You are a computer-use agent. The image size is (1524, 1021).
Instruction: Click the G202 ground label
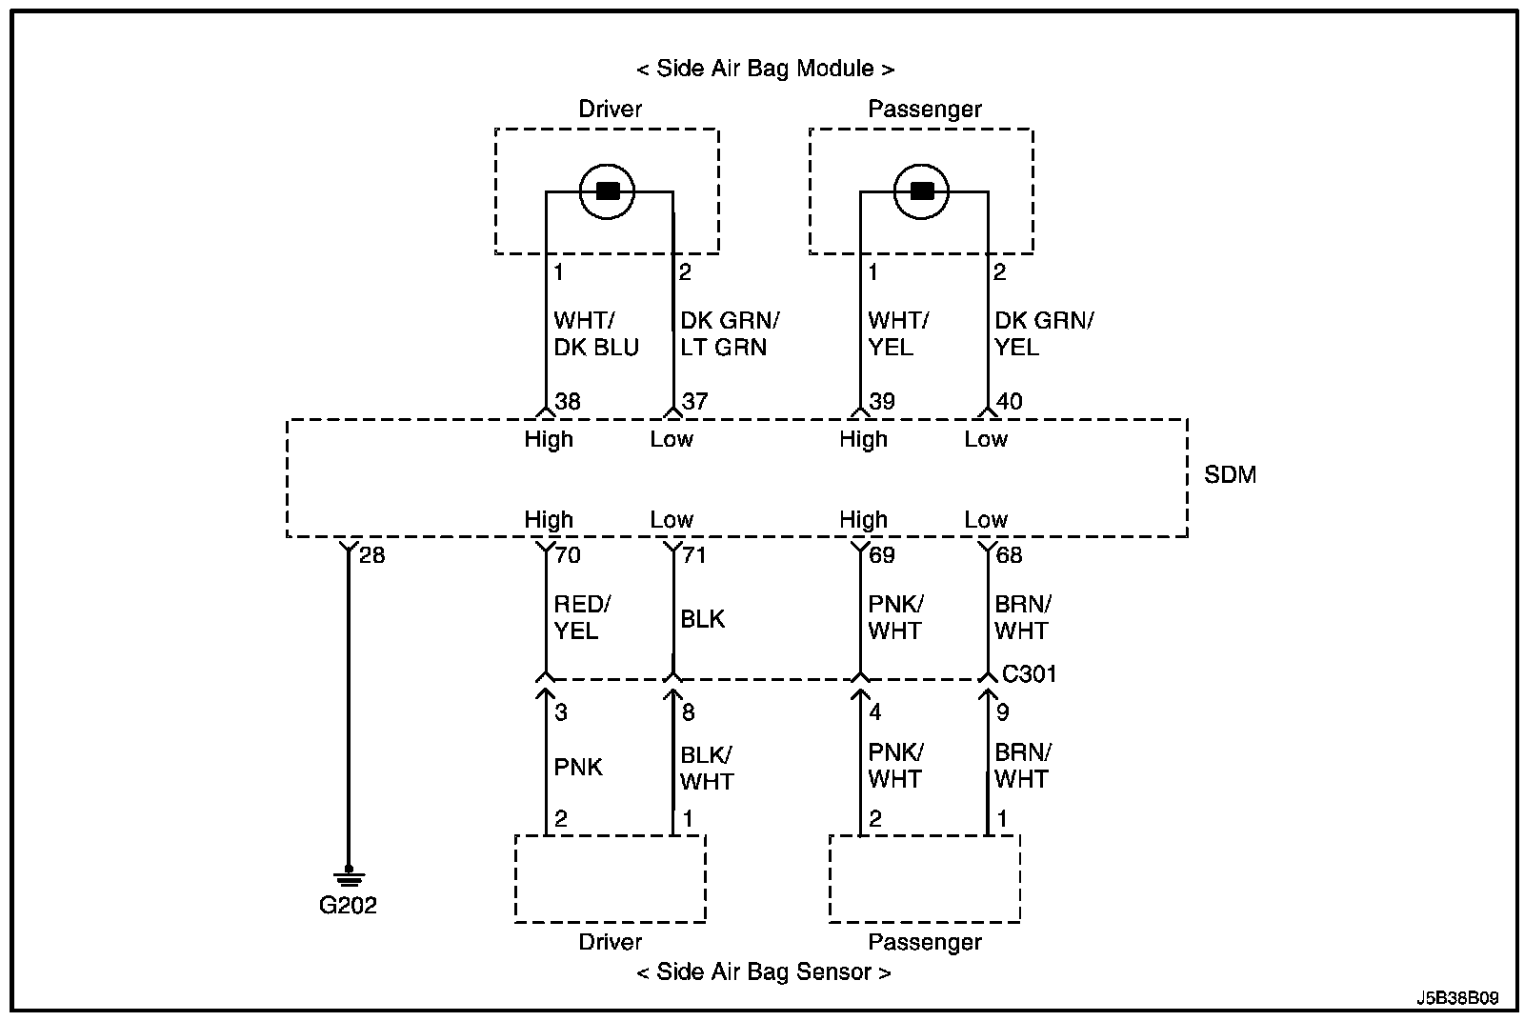[348, 906]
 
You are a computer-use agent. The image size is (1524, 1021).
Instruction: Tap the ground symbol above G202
[349, 876]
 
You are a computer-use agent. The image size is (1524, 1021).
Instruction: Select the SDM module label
[1230, 475]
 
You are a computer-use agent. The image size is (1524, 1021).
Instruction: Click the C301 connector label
[1030, 674]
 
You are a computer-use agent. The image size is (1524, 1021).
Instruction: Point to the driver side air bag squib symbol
[607, 191]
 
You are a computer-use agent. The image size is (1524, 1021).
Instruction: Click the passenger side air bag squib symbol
[921, 191]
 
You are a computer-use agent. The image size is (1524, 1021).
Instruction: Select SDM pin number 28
[372, 555]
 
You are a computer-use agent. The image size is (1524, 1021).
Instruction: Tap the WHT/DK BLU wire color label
[596, 334]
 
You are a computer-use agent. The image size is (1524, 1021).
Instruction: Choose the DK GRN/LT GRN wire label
[730, 334]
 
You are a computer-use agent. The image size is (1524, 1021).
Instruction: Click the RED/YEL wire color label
[582, 617]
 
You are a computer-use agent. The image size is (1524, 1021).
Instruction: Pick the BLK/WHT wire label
[707, 769]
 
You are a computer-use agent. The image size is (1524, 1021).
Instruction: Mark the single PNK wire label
[578, 768]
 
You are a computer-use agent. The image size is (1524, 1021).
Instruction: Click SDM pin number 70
[568, 555]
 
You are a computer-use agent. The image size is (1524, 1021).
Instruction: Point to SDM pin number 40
[1009, 402]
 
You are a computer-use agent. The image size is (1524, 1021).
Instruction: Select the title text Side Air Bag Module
[766, 69]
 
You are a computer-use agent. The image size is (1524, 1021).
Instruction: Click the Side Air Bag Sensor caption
[764, 972]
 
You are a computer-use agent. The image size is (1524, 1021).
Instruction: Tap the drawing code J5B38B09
[1457, 998]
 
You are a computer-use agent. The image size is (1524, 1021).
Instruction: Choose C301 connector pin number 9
[1003, 712]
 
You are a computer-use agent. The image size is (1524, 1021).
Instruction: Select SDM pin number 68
[1009, 555]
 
